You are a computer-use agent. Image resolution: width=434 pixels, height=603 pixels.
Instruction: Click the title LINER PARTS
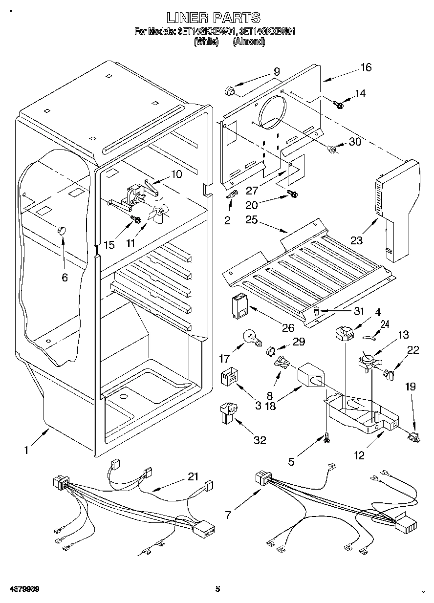tap(213, 18)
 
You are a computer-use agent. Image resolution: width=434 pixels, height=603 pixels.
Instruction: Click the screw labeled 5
tap(325, 439)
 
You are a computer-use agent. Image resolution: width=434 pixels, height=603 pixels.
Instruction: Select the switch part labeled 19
tap(414, 436)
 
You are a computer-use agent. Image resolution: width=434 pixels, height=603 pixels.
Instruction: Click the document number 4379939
tap(23, 589)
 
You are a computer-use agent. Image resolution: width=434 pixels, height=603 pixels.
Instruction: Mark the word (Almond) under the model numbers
tap(249, 42)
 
